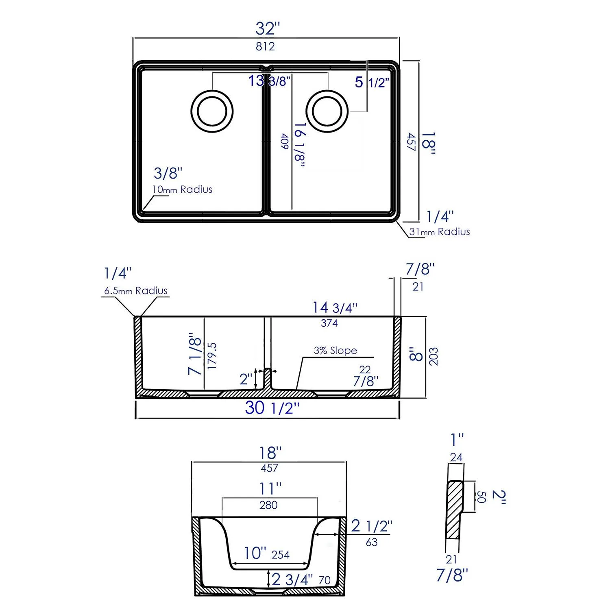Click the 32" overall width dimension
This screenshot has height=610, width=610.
[268, 28]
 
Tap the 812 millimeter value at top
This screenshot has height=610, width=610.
[265, 47]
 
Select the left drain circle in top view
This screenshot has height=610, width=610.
[212, 111]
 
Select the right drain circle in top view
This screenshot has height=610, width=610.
[327, 111]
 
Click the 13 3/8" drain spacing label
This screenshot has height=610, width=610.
[269, 81]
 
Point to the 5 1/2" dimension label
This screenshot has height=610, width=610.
[372, 82]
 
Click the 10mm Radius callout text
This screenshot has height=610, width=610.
[182, 190]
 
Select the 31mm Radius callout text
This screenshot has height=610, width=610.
[439, 232]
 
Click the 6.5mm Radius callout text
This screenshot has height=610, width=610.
[135, 291]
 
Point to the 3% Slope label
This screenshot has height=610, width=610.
[335, 351]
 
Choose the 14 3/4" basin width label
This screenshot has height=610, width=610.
[335, 308]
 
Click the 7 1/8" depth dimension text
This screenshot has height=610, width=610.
[195, 354]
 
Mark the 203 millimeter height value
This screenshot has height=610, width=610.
[434, 356]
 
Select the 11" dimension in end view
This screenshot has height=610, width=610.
[270, 488]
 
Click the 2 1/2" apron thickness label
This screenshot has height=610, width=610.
[371, 526]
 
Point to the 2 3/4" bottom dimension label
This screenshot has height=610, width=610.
[292, 579]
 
